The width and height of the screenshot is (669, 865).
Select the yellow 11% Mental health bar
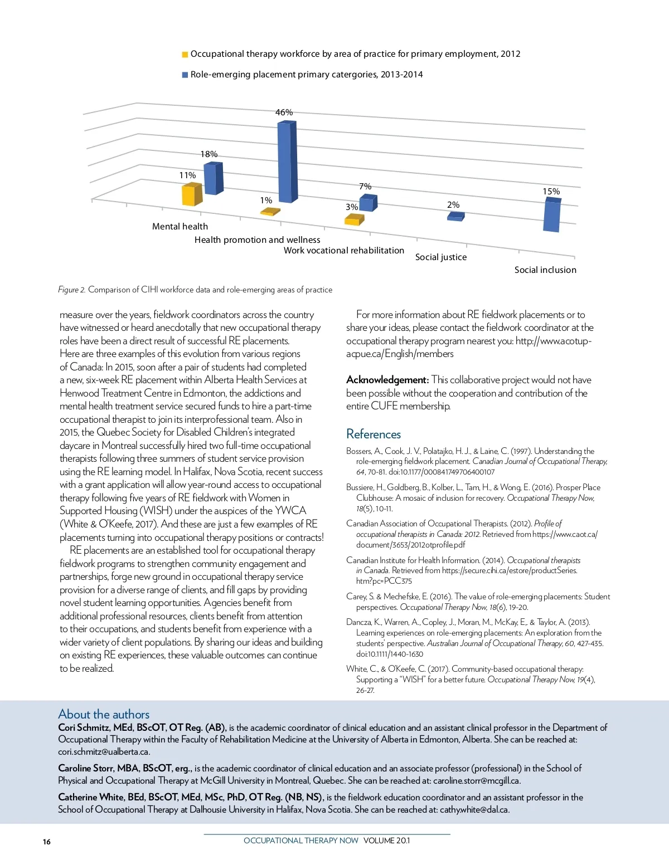point(191,195)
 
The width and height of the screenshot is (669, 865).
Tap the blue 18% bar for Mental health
point(213,178)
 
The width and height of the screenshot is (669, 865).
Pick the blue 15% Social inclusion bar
point(552,216)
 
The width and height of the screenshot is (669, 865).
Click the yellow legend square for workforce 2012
point(185,55)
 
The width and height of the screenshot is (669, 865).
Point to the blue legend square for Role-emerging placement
point(185,75)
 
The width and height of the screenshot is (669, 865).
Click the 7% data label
point(365,187)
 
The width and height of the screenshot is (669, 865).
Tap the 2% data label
point(453,205)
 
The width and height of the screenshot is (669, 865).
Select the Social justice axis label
point(441,257)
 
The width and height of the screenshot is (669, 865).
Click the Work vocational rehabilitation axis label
point(344,251)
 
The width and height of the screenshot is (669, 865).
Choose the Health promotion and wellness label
point(258,240)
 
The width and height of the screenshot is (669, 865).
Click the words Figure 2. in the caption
point(72,290)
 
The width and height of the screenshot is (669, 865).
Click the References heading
point(374,434)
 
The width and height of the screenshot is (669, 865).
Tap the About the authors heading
point(104,714)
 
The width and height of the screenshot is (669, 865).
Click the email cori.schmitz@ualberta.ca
point(104,751)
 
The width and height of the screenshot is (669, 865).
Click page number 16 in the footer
point(47,842)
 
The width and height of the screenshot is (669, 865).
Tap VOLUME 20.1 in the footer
point(386,840)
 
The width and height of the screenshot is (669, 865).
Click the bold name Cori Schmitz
point(84,727)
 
